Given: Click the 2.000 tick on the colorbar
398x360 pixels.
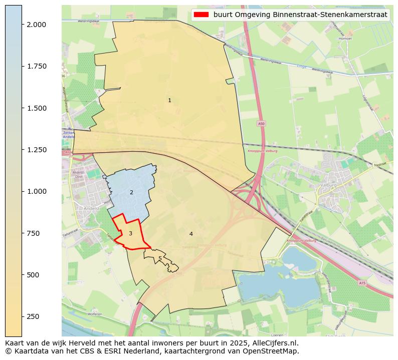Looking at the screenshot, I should (x=37, y=25).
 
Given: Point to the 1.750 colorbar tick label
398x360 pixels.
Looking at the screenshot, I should (x=37, y=66).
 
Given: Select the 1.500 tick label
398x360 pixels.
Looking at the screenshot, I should (x=37, y=108).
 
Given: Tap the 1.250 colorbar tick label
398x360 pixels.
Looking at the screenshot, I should (x=37, y=150).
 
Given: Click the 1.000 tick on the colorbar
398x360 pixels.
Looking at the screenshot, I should (x=37, y=191).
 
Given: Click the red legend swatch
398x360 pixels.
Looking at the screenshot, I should (x=201, y=15).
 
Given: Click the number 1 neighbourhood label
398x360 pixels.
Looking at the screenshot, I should (x=169, y=101).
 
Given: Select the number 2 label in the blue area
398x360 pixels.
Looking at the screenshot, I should (x=131, y=193).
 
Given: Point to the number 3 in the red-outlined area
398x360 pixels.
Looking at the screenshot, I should (x=130, y=234).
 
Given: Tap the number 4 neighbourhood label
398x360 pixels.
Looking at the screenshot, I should (x=191, y=234).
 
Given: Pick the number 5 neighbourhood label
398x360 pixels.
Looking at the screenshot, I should (x=160, y=259).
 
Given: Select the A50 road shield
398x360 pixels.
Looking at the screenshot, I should (x=261, y=124).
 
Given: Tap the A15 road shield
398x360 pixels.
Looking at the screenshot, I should (x=362, y=283).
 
